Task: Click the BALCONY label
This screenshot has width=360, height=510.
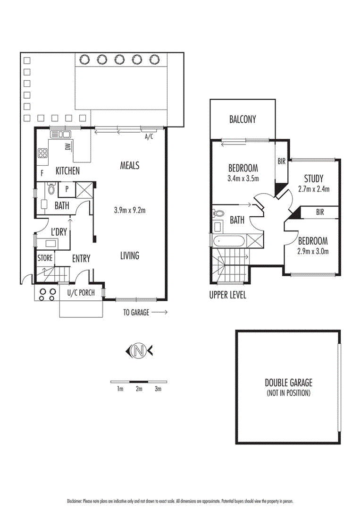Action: (243, 119)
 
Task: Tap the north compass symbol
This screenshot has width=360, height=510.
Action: (139, 350)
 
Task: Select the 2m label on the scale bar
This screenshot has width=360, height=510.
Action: (139, 389)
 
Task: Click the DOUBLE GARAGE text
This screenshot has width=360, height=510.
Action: (289, 382)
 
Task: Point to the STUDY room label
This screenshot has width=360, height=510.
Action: (314, 178)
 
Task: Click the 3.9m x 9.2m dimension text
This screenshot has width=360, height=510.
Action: (130, 210)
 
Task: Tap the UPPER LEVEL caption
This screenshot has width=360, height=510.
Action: (227, 295)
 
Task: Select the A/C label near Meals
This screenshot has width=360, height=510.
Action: (149, 136)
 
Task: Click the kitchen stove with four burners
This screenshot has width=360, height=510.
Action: (43, 153)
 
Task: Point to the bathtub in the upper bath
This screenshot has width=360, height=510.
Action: (228, 241)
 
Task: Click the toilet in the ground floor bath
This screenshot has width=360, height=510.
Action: (51, 188)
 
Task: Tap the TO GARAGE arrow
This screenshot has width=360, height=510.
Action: (159, 312)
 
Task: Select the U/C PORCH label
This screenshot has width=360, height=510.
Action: (81, 293)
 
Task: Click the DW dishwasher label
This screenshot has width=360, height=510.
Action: (68, 147)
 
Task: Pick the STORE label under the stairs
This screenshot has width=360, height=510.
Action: (45, 258)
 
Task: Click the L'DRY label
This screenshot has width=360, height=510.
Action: (59, 232)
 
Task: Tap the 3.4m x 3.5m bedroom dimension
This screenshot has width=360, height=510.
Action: (243, 178)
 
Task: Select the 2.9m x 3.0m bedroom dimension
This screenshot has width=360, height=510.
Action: (313, 251)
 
